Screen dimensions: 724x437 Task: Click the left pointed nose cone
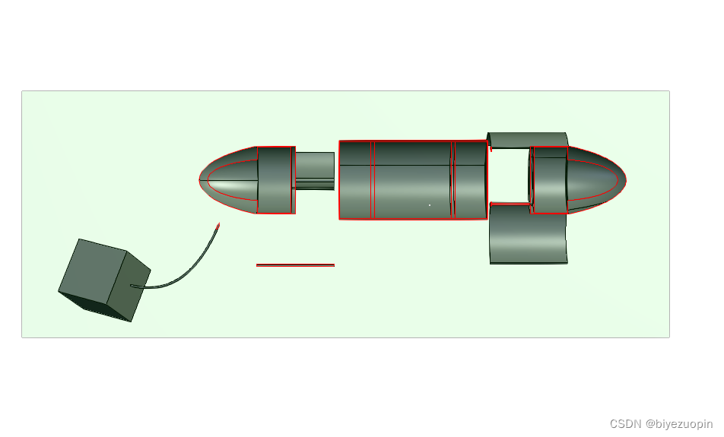(x=228, y=180)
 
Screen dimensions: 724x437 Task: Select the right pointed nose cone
(x=596, y=179)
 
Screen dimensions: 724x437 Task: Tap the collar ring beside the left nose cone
(x=275, y=180)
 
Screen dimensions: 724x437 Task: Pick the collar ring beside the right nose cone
(x=548, y=180)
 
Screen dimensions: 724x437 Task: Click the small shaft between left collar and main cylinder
(x=315, y=171)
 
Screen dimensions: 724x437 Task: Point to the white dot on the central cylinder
(x=430, y=205)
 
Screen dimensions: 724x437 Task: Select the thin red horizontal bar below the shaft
(x=296, y=265)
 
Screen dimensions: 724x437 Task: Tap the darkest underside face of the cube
(x=94, y=306)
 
